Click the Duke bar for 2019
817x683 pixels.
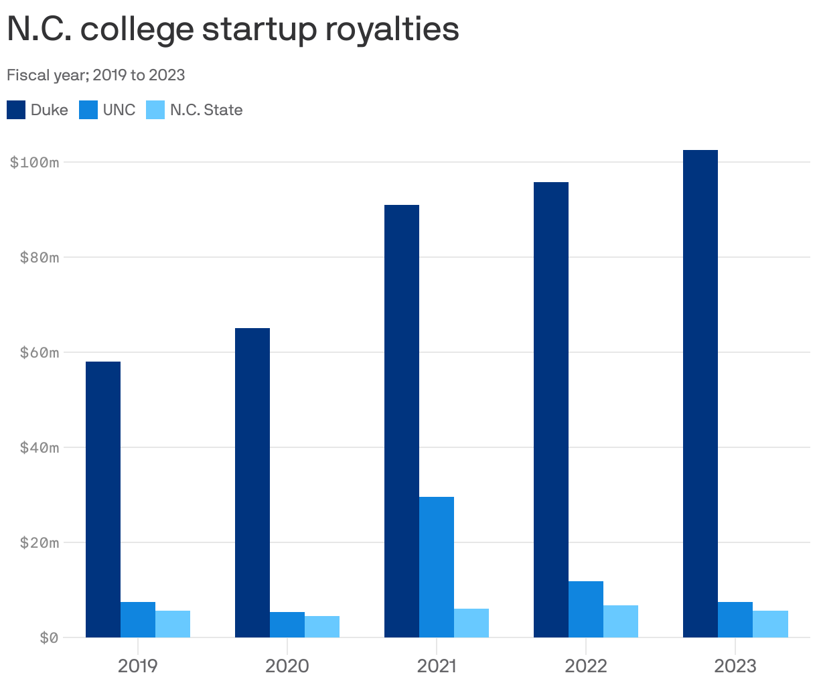pos(103,499)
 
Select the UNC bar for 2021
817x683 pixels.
pos(437,566)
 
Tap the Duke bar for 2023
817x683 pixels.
pos(700,393)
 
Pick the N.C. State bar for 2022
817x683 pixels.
pos(621,621)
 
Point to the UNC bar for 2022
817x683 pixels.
pos(586,609)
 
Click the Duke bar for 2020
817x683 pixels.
pos(252,482)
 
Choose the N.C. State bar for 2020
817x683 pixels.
pos(322,627)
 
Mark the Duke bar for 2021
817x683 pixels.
pos(402,421)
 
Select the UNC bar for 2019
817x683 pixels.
pos(138,619)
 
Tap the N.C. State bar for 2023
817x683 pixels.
pos(770,624)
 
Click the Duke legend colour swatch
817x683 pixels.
pos(16,110)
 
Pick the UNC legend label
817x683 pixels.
pos(119,110)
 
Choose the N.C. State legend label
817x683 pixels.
pos(206,110)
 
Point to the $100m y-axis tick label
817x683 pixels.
pos(35,162)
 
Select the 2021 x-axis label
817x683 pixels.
pos(437,666)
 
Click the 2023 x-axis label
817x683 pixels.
pos(735,666)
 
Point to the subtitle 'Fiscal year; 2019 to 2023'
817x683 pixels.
pos(96,75)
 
